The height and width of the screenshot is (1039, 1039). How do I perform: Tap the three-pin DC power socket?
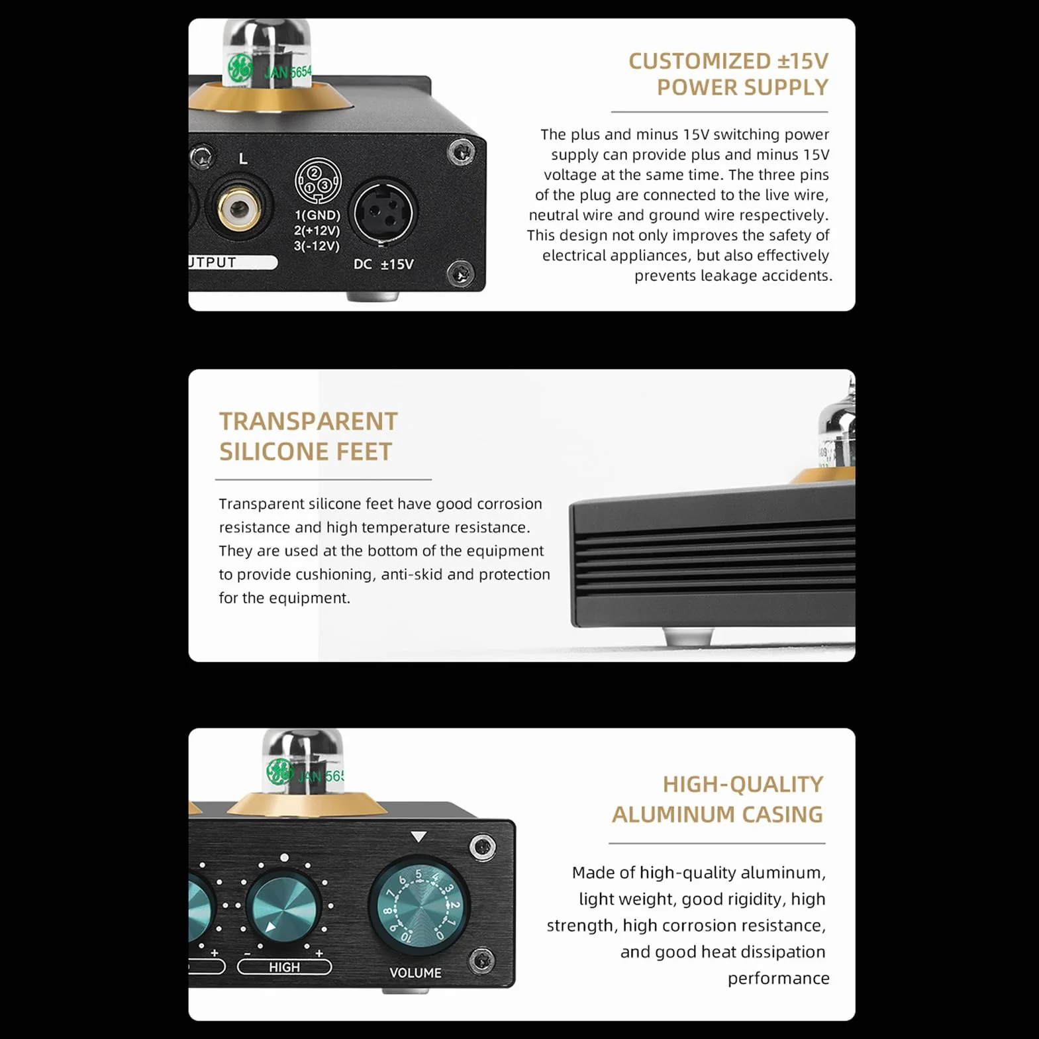pos(383,213)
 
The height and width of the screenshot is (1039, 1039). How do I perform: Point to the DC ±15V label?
pos(383,264)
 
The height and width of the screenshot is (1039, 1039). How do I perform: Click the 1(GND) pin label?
pos(317,215)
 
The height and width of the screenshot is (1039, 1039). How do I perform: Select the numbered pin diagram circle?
pos(318,180)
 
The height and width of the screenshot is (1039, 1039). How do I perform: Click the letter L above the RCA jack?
pos(243,159)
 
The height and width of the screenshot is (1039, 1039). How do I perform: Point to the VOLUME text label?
pos(415,973)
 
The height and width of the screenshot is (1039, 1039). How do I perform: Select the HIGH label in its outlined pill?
pos(284,967)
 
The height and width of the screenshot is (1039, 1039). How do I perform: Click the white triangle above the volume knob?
pos(419,837)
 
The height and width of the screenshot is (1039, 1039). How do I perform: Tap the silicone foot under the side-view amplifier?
pos(688,637)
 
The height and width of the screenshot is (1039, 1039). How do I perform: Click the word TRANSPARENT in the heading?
pos(309,421)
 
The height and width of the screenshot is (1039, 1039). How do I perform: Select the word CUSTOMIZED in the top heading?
pos(700,61)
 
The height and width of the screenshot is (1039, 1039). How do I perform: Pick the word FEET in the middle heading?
pos(364,452)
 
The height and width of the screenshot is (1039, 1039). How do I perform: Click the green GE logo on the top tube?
pos(240,68)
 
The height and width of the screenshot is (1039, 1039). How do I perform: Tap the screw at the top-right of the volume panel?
pos(482,846)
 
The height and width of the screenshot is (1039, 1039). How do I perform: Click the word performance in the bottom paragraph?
pos(778,979)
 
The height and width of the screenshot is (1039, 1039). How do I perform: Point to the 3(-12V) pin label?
pos(317,246)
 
